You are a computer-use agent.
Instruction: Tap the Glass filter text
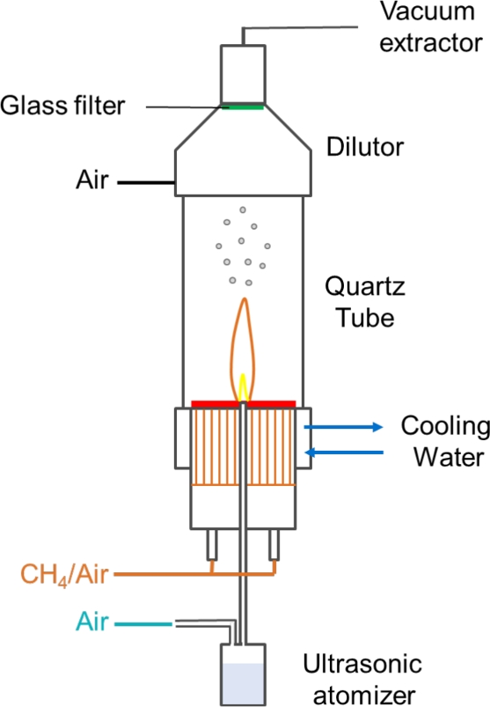tap(62, 107)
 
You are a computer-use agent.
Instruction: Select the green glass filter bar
tap(242, 108)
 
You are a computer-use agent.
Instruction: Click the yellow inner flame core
tap(242, 387)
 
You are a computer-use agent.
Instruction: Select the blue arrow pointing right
tap(345, 427)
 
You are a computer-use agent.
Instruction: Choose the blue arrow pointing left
tap(345, 453)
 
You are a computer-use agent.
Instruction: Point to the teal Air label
tap(92, 622)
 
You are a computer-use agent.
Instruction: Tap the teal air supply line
tap(145, 622)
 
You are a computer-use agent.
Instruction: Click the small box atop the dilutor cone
tap(242, 75)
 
